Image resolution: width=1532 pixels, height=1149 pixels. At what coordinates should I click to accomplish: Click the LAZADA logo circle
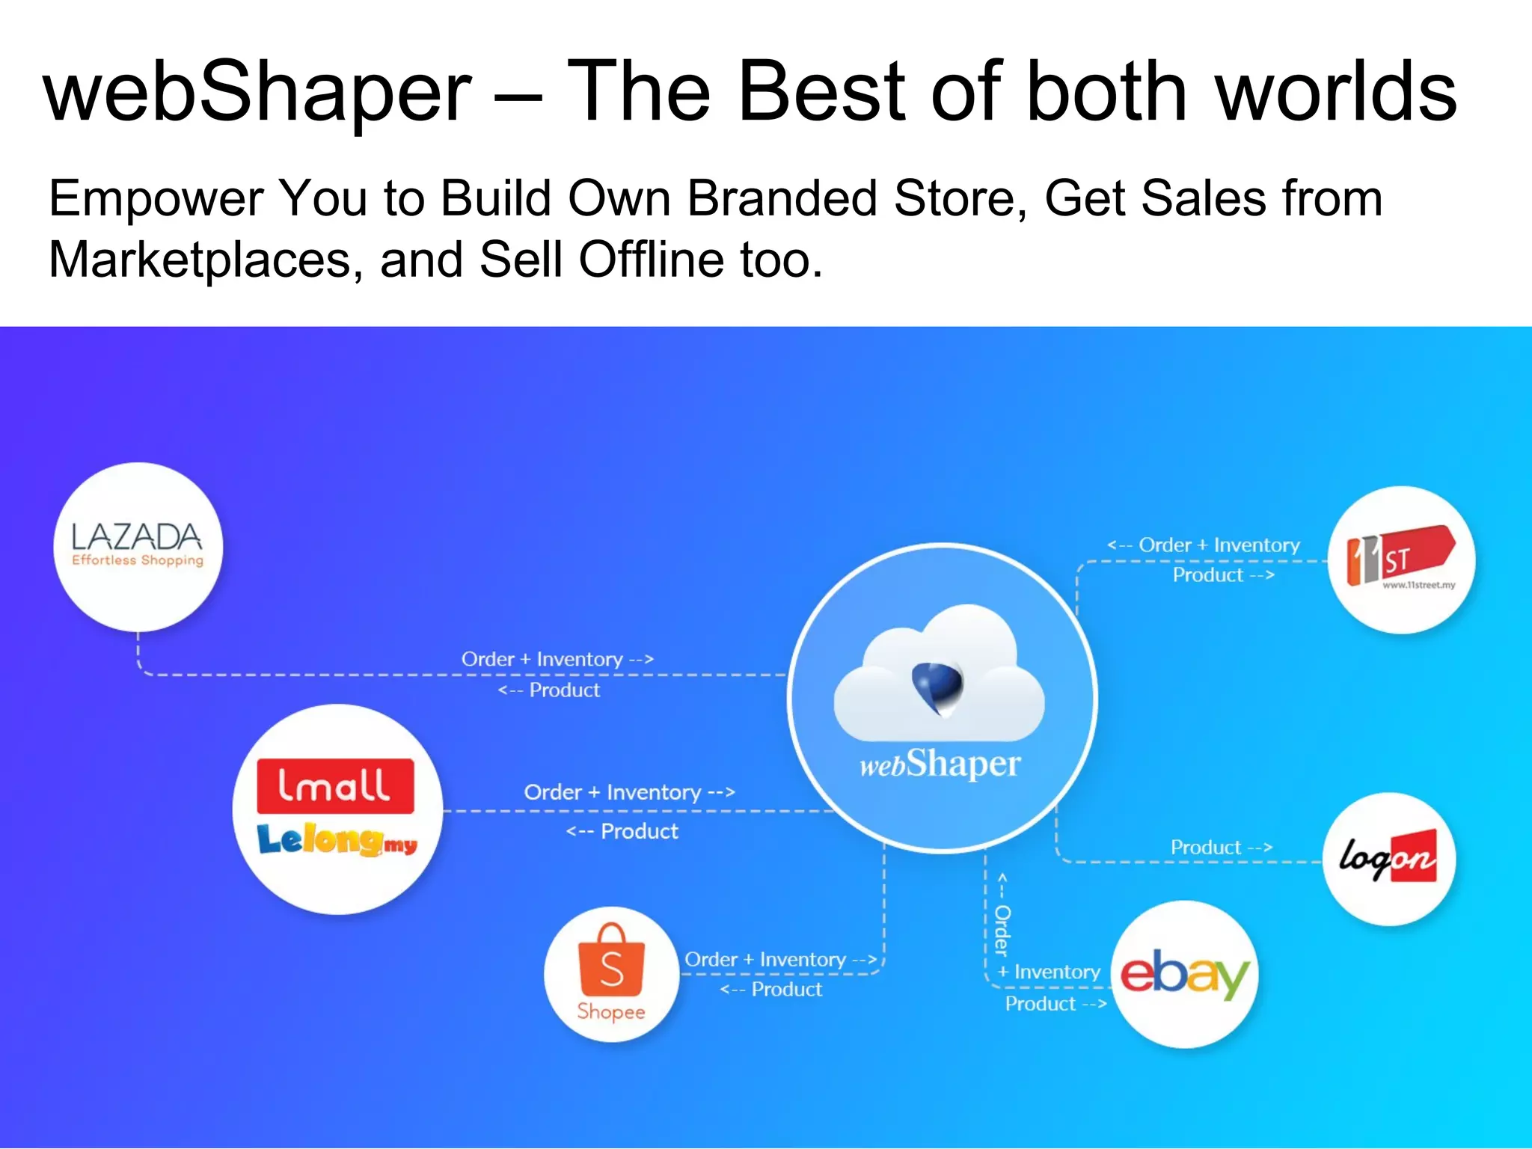tap(138, 546)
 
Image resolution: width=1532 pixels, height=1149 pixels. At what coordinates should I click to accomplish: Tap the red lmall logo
tap(334, 786)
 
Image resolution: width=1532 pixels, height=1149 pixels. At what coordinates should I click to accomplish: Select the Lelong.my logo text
tap(337, 841)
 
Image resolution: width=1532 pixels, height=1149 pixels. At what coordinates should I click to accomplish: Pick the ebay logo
tap(1184, 974)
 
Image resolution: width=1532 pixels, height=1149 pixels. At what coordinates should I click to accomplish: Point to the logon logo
tap(1388, 858)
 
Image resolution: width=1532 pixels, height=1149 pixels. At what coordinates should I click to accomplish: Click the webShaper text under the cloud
tap(940, 765)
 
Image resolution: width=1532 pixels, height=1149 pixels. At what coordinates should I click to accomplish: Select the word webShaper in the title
tap(258, 93)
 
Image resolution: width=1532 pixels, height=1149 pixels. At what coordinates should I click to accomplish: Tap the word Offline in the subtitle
tap(652, 260)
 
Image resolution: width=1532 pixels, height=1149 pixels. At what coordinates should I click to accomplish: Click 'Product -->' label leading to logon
tap(1221, 848)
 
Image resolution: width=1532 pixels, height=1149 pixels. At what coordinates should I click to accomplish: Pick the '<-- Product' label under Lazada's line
tap(549, 690)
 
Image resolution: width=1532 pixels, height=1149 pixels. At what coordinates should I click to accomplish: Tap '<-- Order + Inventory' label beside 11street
tap(1204, 545)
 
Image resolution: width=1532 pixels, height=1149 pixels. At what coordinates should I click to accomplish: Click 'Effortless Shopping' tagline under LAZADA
tap(138, 560)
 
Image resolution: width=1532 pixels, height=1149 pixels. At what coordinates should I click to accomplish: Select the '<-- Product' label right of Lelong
tap(622, 831)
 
